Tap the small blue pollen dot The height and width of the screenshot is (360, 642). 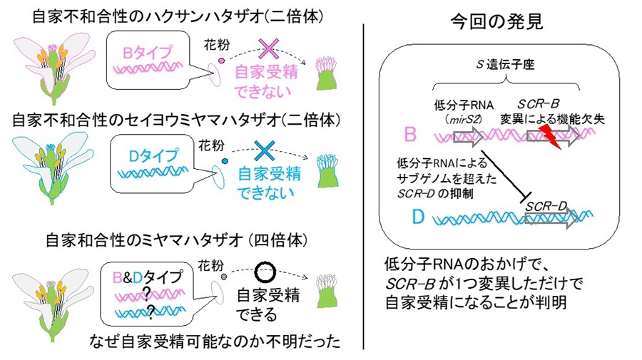[x=225, y=162]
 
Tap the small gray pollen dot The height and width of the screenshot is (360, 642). [x=224, y=277]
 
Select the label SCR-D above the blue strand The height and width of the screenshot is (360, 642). [x=546, y=206]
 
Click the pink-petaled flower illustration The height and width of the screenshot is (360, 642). [x=52, y=66]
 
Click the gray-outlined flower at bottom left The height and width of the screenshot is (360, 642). [x=51, y=285]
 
